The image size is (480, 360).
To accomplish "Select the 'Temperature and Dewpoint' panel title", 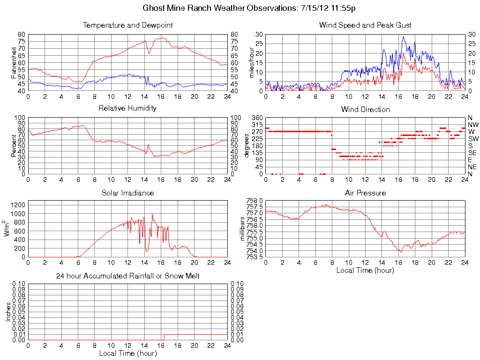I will pos(127,25).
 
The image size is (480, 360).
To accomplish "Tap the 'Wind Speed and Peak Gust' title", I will pos(365,25).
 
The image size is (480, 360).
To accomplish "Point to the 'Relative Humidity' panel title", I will pos(127,108).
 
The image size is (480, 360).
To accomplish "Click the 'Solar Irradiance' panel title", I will pos(127,193).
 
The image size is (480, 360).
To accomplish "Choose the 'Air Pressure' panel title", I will pos(365,193).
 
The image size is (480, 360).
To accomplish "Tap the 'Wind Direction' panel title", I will pos(365,109).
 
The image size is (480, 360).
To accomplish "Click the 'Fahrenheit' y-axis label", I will pos(13,62).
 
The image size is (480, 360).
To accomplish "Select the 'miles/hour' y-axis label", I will pos(251,62).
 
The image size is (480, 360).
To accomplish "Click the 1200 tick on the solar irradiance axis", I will pos(18,204).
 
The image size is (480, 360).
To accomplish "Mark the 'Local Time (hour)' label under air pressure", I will pos(365,270).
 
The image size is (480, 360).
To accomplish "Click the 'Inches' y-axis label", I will pos(8,311).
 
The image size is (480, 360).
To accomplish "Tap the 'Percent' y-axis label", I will pos(13,145).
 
